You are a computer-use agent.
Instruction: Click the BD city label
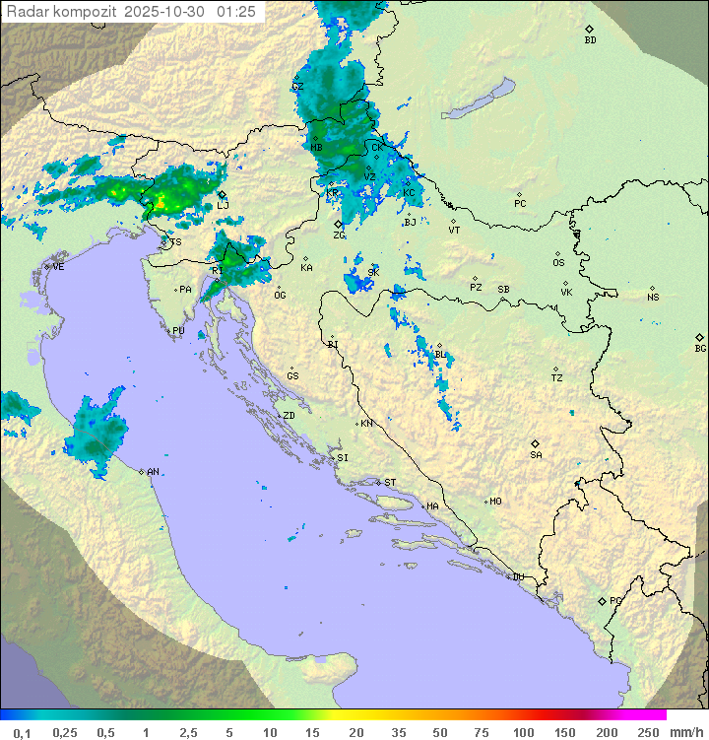(x=590, y=40)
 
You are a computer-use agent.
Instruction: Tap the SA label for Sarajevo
(x=536, y=455)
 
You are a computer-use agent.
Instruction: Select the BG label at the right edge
(x=700, y=348)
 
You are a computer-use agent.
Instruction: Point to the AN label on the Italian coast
(x=153, y=472)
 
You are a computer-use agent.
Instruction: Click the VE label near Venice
(x=58, y=267)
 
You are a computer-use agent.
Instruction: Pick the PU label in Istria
(x=178, y=331)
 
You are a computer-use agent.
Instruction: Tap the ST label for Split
(x=390, y=483)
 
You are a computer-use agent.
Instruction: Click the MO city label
(x=495, y=501)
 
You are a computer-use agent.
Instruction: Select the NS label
(x=653, y=297)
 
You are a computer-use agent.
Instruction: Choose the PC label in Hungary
(x=520, y=204)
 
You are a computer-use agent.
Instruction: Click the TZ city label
(x=557, y=377)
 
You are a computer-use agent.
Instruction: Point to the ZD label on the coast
(x=289, y=416)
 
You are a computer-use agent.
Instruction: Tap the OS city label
(x=558, y=263)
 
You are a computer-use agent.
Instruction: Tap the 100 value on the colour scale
(x=523, y=732)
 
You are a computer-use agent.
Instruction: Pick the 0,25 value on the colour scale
(x=65, y=732)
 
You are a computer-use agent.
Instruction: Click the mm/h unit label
(x=686, y=732)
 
